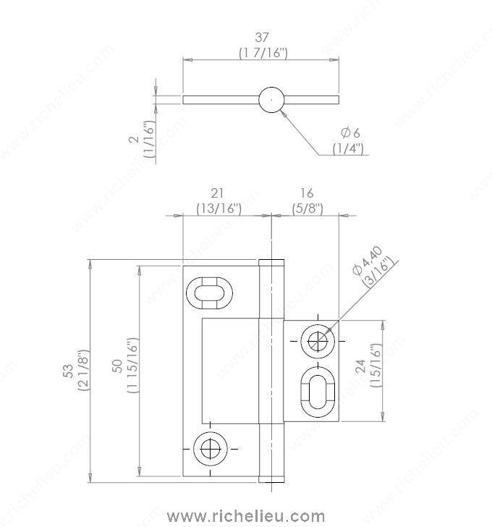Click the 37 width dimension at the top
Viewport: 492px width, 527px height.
(263, 37)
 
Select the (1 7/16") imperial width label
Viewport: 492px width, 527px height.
(263, 52)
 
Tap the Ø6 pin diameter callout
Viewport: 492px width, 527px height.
(350, 132)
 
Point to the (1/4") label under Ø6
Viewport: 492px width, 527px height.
(348, 148)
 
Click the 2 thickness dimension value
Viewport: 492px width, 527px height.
(133, 138)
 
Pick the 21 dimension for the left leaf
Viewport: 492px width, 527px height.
(218, 193)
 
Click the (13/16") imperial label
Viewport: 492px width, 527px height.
(219, 208)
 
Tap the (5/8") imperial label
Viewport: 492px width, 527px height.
(307, 208)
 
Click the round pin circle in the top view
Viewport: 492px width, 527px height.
(271, 99)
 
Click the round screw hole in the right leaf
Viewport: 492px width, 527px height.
(315, 340)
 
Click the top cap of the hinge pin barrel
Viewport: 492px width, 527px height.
(271, 262)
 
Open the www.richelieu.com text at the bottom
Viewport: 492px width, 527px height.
(246, 516)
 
